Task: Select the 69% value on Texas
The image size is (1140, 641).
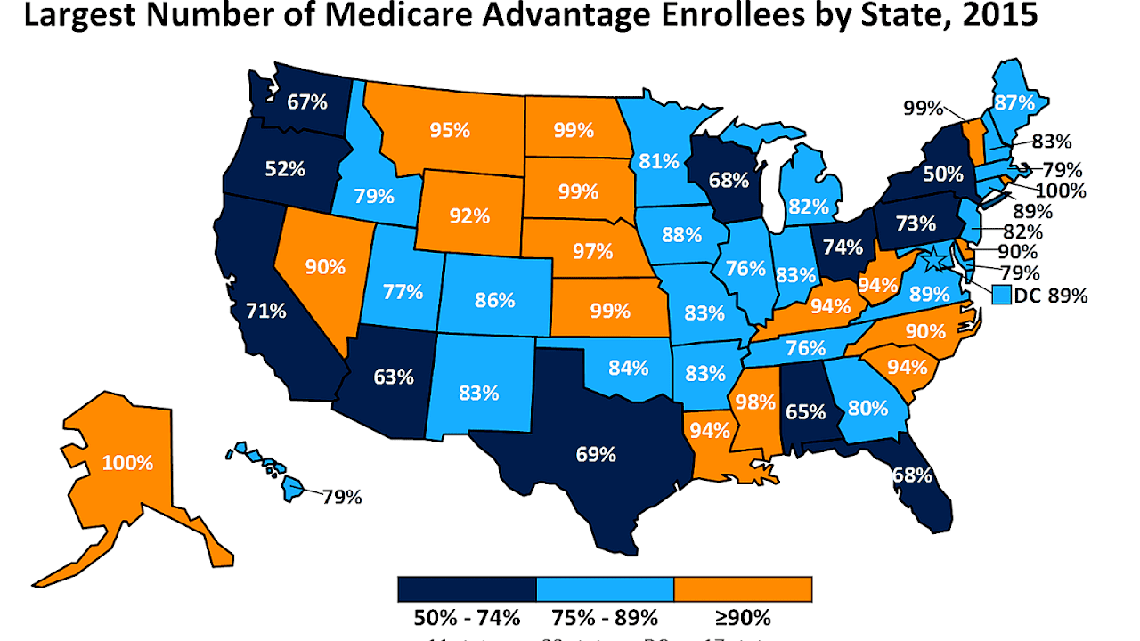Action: point(596,455)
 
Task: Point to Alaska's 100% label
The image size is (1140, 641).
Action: point(127,463)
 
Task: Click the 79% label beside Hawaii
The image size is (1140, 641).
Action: point(342,497)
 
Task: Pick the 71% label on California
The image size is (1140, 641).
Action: point(266,311)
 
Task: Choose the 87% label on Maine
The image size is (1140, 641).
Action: point(1015,102)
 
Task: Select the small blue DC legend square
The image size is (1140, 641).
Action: point(1002,295)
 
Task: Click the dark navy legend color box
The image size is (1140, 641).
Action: point(467,589)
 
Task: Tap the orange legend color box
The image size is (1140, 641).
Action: point(743,589)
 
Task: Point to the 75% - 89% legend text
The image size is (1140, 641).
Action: point(606,617)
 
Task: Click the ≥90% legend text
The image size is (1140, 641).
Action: point(745,617)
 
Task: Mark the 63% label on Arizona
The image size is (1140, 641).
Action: point(394,377)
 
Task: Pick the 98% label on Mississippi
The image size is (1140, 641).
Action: point(754,402)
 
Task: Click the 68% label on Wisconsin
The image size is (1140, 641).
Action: point(729,180)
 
